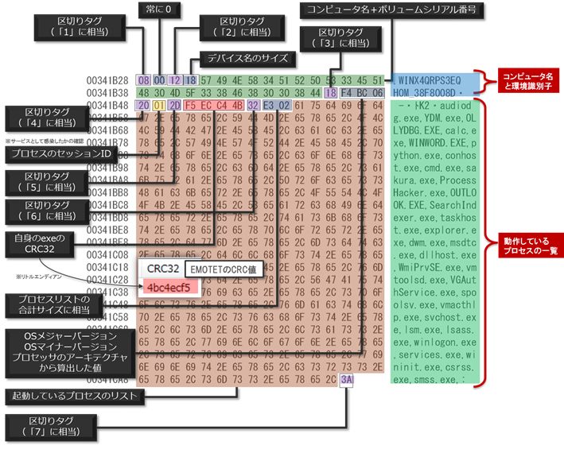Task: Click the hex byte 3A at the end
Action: pos(346,379)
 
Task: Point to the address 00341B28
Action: pos(109,80)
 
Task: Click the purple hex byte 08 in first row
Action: pos(144,80)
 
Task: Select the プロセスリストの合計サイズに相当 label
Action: pos(51,303)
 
